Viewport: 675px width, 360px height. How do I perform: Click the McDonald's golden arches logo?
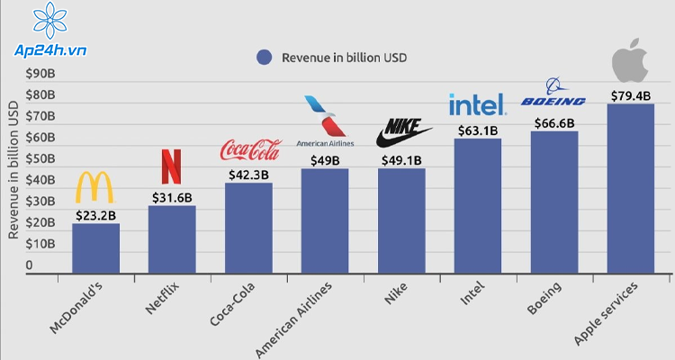[94, 187]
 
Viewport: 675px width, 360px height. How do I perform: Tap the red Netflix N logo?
[171, 166]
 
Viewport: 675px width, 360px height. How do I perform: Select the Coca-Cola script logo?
[251, 150]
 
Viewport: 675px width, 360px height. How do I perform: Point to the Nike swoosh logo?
[404, 133]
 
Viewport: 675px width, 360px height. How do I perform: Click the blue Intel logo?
[477, 104]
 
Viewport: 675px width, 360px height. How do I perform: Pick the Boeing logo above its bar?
[553, 92]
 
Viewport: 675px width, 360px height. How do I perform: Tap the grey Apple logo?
[630, 60]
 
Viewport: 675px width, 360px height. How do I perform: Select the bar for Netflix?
[172, 239]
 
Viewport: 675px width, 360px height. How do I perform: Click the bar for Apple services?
[631, 188]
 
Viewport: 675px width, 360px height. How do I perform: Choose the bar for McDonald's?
[95, 248]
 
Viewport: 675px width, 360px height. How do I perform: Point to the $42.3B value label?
[248, 175]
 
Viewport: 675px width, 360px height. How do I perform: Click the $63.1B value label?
[478, 130]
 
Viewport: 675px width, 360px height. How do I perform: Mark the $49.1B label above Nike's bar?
[401, 160]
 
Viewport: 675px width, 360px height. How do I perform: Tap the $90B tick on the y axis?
[40, 74]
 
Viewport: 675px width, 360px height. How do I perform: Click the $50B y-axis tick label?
[40, 158]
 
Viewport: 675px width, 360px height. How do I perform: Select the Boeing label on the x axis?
[544, 298]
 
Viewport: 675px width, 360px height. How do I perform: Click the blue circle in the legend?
[264, 58]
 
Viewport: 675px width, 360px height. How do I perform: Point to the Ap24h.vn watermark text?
[50, 50]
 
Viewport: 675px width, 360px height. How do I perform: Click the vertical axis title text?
[13, 170]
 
